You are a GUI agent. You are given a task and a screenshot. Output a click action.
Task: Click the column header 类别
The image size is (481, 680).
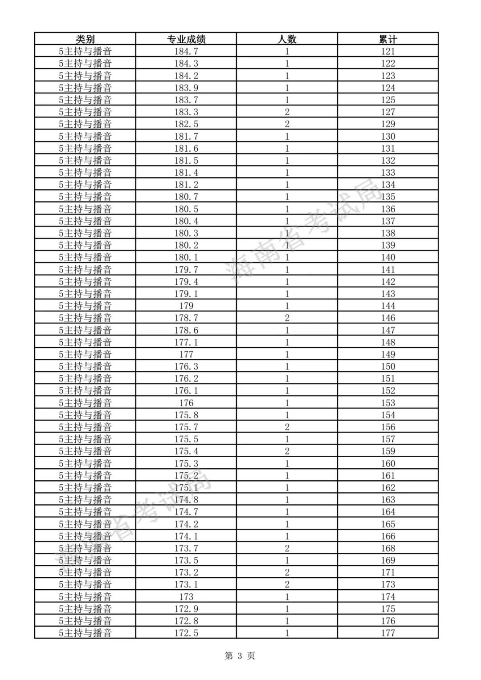click(x=85, y=39)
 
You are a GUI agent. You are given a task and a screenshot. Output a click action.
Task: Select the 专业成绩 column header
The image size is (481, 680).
click(x=186, y=39)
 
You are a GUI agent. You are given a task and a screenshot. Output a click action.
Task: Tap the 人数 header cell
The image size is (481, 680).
click(x=287, y=39)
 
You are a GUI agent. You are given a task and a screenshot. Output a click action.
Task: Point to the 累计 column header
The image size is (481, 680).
click(x=388, y=39)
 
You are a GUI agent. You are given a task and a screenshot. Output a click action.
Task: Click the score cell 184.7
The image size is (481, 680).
click(x=186, y=51)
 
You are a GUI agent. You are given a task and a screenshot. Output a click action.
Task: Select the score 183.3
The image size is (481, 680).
click(x=186, y=112)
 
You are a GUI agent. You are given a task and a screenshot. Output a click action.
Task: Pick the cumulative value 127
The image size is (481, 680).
click(x=388, y=112)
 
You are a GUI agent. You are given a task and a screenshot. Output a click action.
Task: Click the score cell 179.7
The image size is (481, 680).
click(x=186, y=269)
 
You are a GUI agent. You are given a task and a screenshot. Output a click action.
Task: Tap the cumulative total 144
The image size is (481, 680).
click(x=388, y=306)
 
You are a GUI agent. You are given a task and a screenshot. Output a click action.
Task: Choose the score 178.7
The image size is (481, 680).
click(x=186, y=318)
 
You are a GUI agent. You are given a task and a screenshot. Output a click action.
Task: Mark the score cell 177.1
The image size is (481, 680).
click(x=186, y=342)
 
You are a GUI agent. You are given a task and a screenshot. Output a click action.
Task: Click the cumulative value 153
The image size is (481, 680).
click(x=388, y=403)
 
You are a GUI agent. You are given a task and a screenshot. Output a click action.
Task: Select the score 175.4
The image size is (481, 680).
click(x=186, y=451)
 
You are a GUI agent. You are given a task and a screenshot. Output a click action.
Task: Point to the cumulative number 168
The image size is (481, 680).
click(x=388, y=548)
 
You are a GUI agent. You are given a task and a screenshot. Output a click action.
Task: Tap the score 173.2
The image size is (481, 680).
click(x=186, y=572)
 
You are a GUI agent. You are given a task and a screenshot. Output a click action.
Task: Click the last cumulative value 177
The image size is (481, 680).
click(x=388, y=633)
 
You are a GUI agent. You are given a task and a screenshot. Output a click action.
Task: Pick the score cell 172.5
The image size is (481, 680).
click(x=186, y=633)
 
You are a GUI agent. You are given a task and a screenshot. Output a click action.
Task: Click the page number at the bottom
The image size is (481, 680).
click(x=240, y=656)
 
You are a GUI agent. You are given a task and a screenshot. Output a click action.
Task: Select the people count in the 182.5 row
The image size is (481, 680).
click(x=287, y=124)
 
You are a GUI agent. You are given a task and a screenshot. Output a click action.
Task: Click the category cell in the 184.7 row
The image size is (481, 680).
click(x=85, y=51)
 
